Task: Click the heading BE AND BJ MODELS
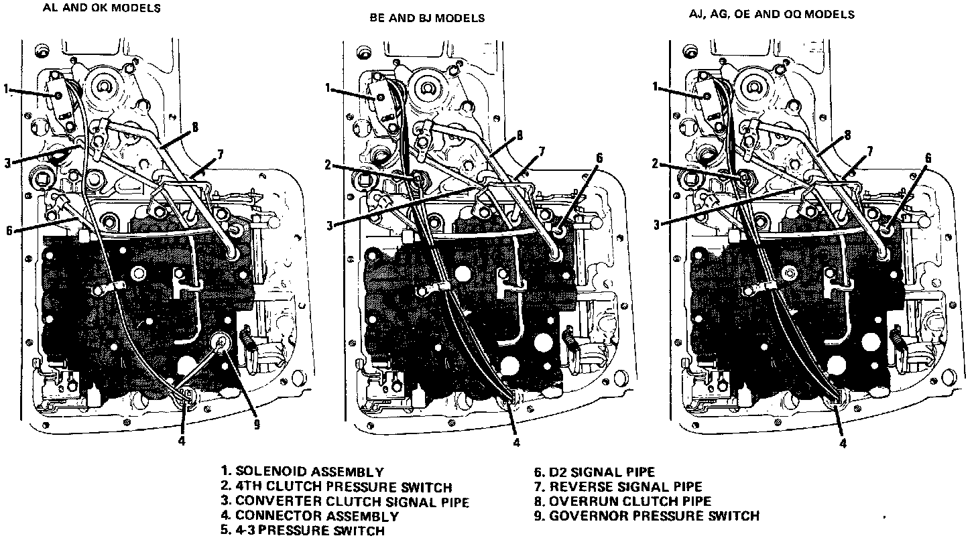point(427,18)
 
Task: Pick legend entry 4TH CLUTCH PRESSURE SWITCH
point(337,486)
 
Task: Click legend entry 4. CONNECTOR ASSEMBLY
point(310,516)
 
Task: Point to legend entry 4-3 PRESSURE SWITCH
point(303,531)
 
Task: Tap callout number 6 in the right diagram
point(928,158)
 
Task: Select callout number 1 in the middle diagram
point(328,86)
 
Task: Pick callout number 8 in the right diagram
point(847,134)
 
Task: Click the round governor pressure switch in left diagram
point(221,342)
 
